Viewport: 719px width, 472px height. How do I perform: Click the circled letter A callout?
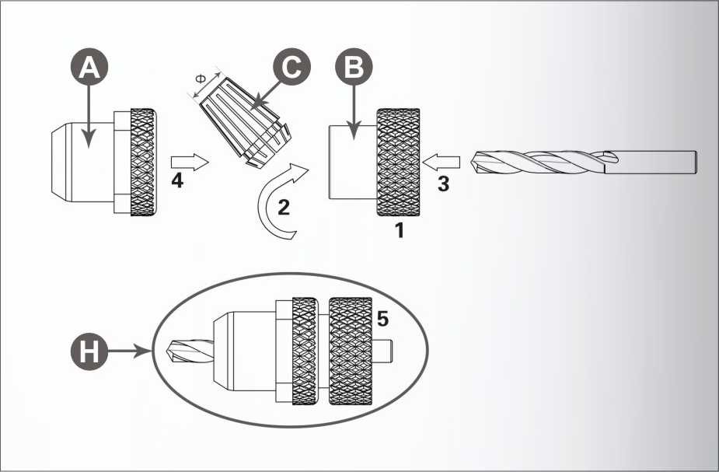point(89,67)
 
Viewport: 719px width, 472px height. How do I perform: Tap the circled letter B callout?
point(354,67)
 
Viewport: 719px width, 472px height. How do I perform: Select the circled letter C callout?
point(291,67)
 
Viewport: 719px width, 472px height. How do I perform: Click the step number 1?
point(400,230)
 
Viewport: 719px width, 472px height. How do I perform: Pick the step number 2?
point(284,208)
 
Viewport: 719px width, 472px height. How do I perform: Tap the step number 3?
point(443,184)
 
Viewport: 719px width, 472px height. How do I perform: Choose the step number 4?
point(177,180)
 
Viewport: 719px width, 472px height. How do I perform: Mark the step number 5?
point(383,318)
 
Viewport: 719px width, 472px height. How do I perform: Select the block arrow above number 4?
point(190,162)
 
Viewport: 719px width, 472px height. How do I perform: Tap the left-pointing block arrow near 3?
point(442,162)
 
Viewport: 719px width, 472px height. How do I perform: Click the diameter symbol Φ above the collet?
point(201,79)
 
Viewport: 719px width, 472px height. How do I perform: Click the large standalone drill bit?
point(584,163)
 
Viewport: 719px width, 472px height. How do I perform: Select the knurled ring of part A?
point(143,162)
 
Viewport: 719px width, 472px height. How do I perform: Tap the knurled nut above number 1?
point(398,162)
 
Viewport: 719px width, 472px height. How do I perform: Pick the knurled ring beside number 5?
point(351,351)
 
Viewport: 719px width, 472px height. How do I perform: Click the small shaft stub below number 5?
point(383,351)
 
